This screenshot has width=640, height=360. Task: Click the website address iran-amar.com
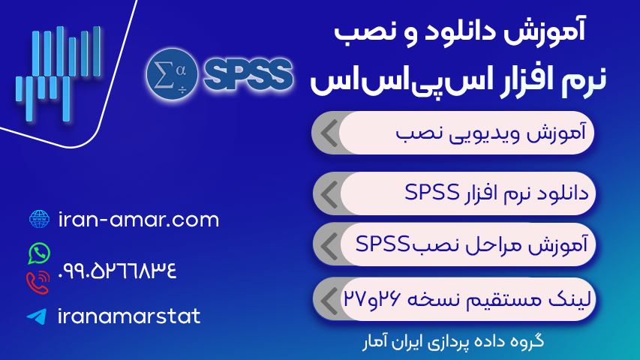[138, 220]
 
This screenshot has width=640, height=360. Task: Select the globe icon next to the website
[38, 219]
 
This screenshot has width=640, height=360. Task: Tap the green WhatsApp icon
[38, 253]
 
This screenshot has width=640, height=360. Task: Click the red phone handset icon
[37, 283]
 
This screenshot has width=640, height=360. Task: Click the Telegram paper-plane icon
[36, 316]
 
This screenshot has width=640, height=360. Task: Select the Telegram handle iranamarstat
[128, 316]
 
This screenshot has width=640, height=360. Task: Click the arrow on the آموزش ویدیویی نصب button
[327, 133]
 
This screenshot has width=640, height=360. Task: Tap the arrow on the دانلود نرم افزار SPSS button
[327, 194]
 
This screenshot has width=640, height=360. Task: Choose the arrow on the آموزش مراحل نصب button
[327, 244]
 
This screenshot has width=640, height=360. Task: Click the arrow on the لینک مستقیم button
[327, 299]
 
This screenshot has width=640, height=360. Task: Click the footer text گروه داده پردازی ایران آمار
[452, 341]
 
